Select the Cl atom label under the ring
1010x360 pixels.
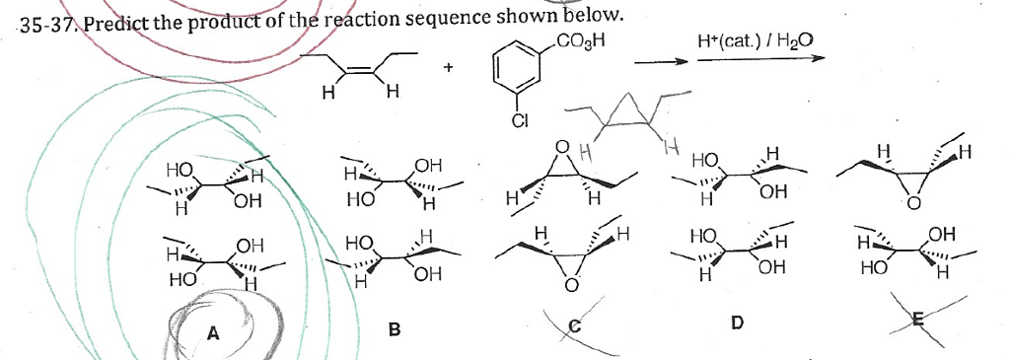[x=520, y=122]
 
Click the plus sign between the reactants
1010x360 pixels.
[x=449, y=69]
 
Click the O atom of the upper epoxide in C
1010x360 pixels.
[x=563, y=150]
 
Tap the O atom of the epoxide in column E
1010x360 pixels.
[x=912, y=203]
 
